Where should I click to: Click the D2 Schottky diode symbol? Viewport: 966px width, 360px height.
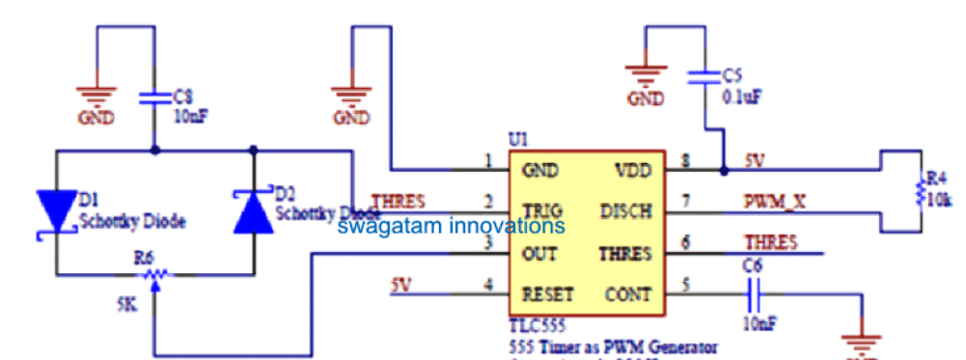coord(253,210)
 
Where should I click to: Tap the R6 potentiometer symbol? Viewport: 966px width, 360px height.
coord(153,275)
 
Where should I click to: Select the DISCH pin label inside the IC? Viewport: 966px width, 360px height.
coord(626,210)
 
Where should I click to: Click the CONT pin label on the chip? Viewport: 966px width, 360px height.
coord(628,292)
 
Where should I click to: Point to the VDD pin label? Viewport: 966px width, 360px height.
coord(633,170)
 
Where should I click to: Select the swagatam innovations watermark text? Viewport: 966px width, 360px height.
coord(450,227)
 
